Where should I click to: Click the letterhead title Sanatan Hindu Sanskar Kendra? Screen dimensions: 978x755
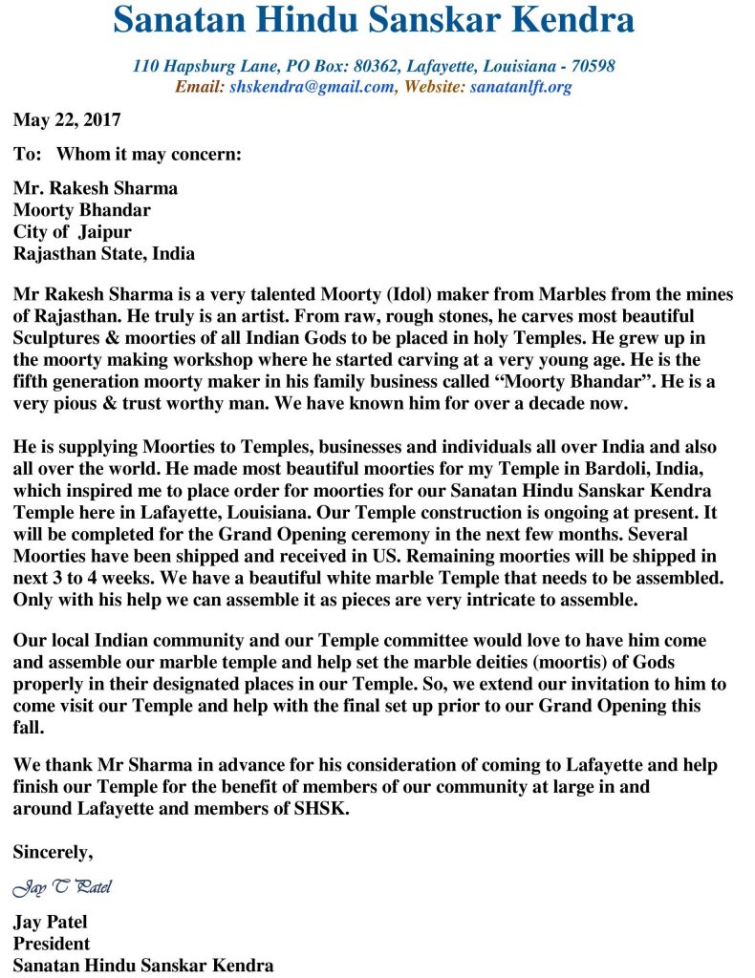374,20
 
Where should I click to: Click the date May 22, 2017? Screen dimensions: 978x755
67,120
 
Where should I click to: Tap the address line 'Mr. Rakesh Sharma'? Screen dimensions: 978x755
95,188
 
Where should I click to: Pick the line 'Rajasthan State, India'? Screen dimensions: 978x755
103,254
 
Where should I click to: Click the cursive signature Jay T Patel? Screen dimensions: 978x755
61,888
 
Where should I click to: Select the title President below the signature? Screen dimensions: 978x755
51,944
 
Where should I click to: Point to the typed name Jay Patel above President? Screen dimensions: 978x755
50,923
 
